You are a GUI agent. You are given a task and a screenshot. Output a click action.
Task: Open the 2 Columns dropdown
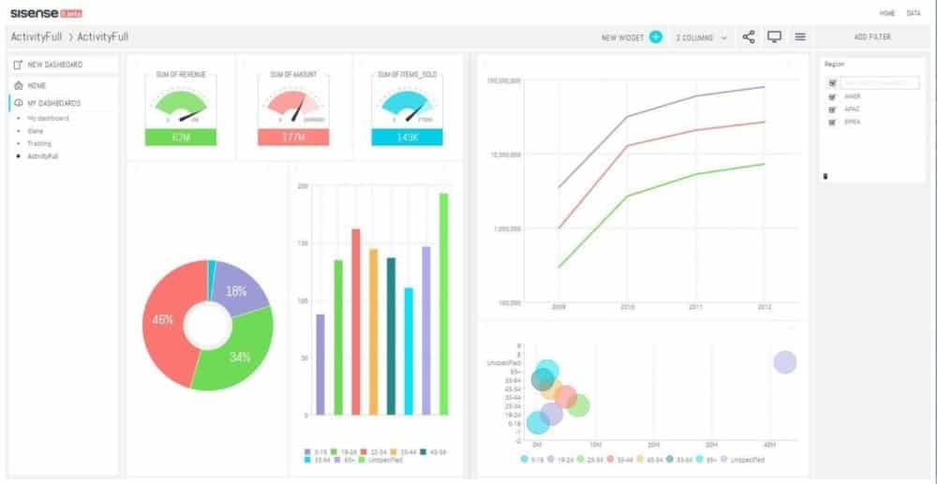[702, 37]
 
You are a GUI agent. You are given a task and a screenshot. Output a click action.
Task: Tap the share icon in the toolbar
[749, 37]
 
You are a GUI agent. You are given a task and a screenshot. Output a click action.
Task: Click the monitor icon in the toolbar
[774, 37]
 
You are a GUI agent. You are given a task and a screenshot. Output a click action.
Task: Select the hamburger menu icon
[800, 37]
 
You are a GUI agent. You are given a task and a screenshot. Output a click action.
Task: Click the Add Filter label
[872, 37]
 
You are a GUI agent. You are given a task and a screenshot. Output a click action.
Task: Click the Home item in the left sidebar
[37, 85]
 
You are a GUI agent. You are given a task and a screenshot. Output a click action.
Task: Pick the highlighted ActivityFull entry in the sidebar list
[43, 156]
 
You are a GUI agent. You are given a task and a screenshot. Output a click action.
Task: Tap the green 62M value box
[181, 138]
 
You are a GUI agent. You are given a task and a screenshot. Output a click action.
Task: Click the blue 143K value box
[407, 138]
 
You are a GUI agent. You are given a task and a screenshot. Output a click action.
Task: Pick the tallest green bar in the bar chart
[443, 303]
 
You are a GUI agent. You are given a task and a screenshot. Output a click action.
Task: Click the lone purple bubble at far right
[785, 362]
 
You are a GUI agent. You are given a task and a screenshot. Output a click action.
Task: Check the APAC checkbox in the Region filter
[832, 109]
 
